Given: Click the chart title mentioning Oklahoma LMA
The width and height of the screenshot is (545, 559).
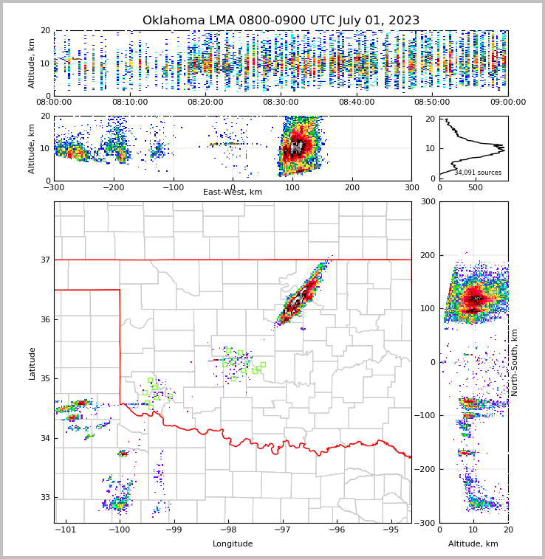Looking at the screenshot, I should point(281,21).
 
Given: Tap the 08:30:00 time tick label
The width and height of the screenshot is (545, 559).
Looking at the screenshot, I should point(281,103).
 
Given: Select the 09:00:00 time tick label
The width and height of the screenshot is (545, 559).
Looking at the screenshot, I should point(508,103).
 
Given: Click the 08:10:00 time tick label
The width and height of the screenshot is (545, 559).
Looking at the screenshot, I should point(129,103).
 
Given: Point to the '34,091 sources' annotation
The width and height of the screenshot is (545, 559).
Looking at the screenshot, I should point(478,173).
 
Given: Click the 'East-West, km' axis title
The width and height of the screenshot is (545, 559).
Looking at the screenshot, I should point(233,192).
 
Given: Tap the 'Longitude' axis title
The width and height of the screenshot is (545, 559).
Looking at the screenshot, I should point(233,544).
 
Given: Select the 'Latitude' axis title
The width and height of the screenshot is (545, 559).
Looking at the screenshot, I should point(32,363).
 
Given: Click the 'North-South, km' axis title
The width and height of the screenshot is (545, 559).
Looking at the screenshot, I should point(515,362).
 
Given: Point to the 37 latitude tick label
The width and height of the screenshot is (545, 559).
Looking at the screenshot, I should point(44,260).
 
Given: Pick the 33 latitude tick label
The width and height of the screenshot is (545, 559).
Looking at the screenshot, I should point(44,497).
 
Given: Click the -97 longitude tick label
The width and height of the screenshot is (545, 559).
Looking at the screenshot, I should point(282,530).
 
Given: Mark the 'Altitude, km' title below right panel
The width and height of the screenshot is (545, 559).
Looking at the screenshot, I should point(473,544).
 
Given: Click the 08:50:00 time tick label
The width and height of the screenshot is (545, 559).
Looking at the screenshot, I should point(432,103).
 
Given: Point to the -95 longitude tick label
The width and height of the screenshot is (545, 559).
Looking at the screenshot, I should point(391,530).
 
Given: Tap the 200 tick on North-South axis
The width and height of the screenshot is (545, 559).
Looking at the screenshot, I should point(427,255).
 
